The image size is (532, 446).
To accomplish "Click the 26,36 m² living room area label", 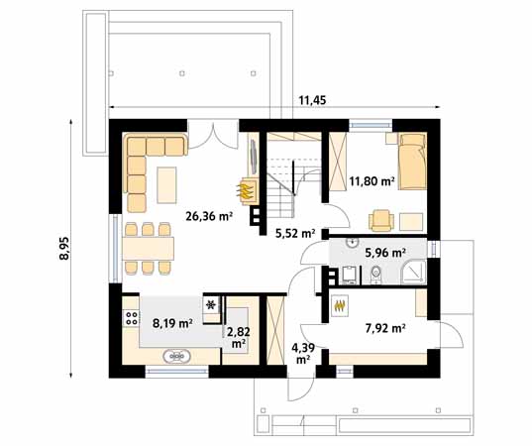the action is pos(209,216).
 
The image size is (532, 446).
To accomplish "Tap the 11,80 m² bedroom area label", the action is pos(372,181).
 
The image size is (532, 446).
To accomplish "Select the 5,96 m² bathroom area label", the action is pos(385,253).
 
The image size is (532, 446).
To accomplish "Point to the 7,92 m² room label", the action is pos(385,328).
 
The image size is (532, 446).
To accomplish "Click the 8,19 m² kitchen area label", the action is pos(172,323).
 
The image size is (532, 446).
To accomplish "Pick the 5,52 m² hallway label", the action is pos(295,234).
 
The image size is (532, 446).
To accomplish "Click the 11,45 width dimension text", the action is pos(312,100).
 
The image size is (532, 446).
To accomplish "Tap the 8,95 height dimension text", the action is pos(63,248).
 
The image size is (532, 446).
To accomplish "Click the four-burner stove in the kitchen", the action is pos(132,318).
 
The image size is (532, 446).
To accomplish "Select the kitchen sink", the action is pos(176,357).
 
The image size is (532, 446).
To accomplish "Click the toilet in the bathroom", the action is pos(375,275).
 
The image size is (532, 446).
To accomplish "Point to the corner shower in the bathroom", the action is pos(413,273).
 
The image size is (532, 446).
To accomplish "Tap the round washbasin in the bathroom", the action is pos(353,243).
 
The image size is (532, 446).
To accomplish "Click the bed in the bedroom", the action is pos(412,162).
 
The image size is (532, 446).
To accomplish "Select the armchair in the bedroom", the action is pos(381,221).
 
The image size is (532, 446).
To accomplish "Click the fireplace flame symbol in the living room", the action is pos(246,191).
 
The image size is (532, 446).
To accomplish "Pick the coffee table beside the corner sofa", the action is pos(166,185).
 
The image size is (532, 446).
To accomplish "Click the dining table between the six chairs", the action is pos(149,249).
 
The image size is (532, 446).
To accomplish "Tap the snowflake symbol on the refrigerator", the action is pos(211,305).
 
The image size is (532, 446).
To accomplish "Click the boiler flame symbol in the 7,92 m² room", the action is pos(341,305).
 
